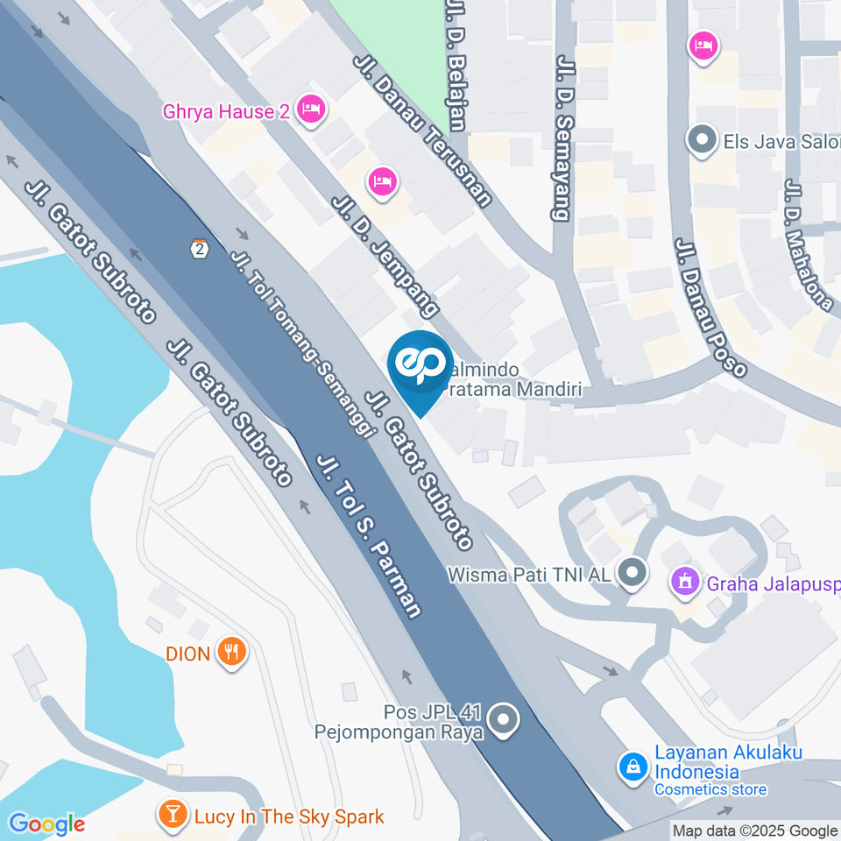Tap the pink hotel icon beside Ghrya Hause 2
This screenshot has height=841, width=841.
point(311,110)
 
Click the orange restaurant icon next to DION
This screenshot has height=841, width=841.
point(232,652)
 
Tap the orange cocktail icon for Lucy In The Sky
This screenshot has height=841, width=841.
point(173,816)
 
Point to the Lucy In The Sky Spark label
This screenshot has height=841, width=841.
point(288,816)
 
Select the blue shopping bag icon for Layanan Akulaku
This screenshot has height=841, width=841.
point(632,767)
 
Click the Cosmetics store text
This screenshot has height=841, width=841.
point(710,789)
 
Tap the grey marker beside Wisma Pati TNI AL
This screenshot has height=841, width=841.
point(631,575)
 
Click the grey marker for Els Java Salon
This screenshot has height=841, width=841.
point(702,140)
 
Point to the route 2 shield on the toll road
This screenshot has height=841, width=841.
point(201,249)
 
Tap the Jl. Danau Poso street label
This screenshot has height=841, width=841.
point(710,307)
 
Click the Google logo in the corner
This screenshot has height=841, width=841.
point(46,823)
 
